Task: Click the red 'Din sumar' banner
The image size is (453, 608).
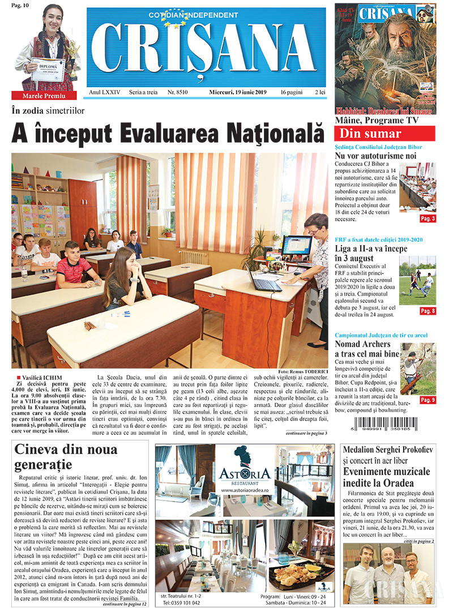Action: (384, 134)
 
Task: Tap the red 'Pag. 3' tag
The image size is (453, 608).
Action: (428, 219)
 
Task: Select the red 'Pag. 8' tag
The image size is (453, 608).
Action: (428, 311)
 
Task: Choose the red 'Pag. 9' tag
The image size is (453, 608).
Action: (428, 400)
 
